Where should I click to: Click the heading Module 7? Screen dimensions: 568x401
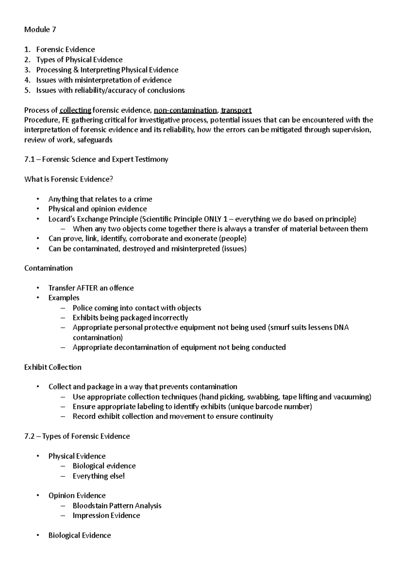[x=40, y=30]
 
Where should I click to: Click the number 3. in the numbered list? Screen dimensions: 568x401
[x=27, y=70]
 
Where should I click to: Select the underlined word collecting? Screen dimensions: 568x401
[x=75, y=110]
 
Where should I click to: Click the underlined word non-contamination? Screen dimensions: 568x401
[x=185, y=110]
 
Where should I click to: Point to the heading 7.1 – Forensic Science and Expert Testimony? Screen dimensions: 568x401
[x=96, y=160]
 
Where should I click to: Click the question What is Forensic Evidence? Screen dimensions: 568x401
[x=69, y=179]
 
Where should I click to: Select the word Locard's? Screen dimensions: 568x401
[x=62, y=219]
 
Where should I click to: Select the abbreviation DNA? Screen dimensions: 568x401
[x=341, y=327]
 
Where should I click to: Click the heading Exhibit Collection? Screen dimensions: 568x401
[x=53, y=367]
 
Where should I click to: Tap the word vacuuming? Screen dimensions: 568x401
[x=352, y=397]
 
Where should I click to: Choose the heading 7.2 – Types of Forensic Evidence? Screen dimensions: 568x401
[x=77, y=437]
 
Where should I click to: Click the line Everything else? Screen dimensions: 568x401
[x=99, y=476]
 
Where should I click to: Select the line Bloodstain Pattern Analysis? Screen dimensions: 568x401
[x=117, y=506]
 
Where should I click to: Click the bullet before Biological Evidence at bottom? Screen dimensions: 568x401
[x=39, y=535]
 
